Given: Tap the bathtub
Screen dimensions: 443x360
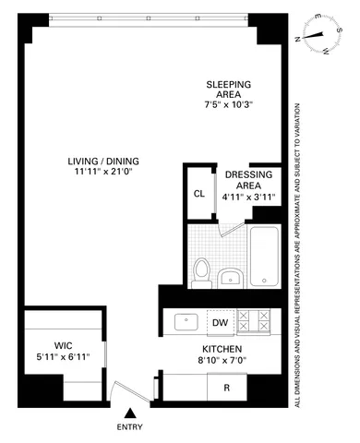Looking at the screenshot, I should (x=263, y=255).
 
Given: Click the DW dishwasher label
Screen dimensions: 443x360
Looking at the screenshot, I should (x=220, y=322).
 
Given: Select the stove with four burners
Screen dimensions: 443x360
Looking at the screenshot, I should (x=256, y=322).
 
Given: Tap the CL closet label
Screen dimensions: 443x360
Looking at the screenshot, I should (x=198, y=194).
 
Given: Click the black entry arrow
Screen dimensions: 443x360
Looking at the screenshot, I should (x=131, y=414).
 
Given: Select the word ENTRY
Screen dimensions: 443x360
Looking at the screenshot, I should (x=131, y=428).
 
